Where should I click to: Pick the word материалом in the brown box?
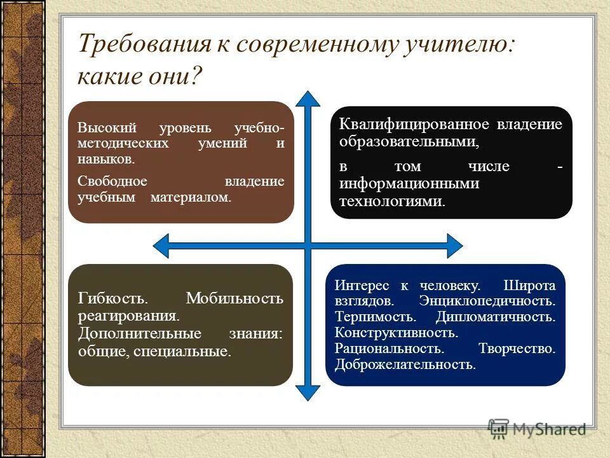pos(191,197)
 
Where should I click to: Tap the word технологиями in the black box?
pos(391,202)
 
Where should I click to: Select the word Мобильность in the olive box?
pos(234,298)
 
